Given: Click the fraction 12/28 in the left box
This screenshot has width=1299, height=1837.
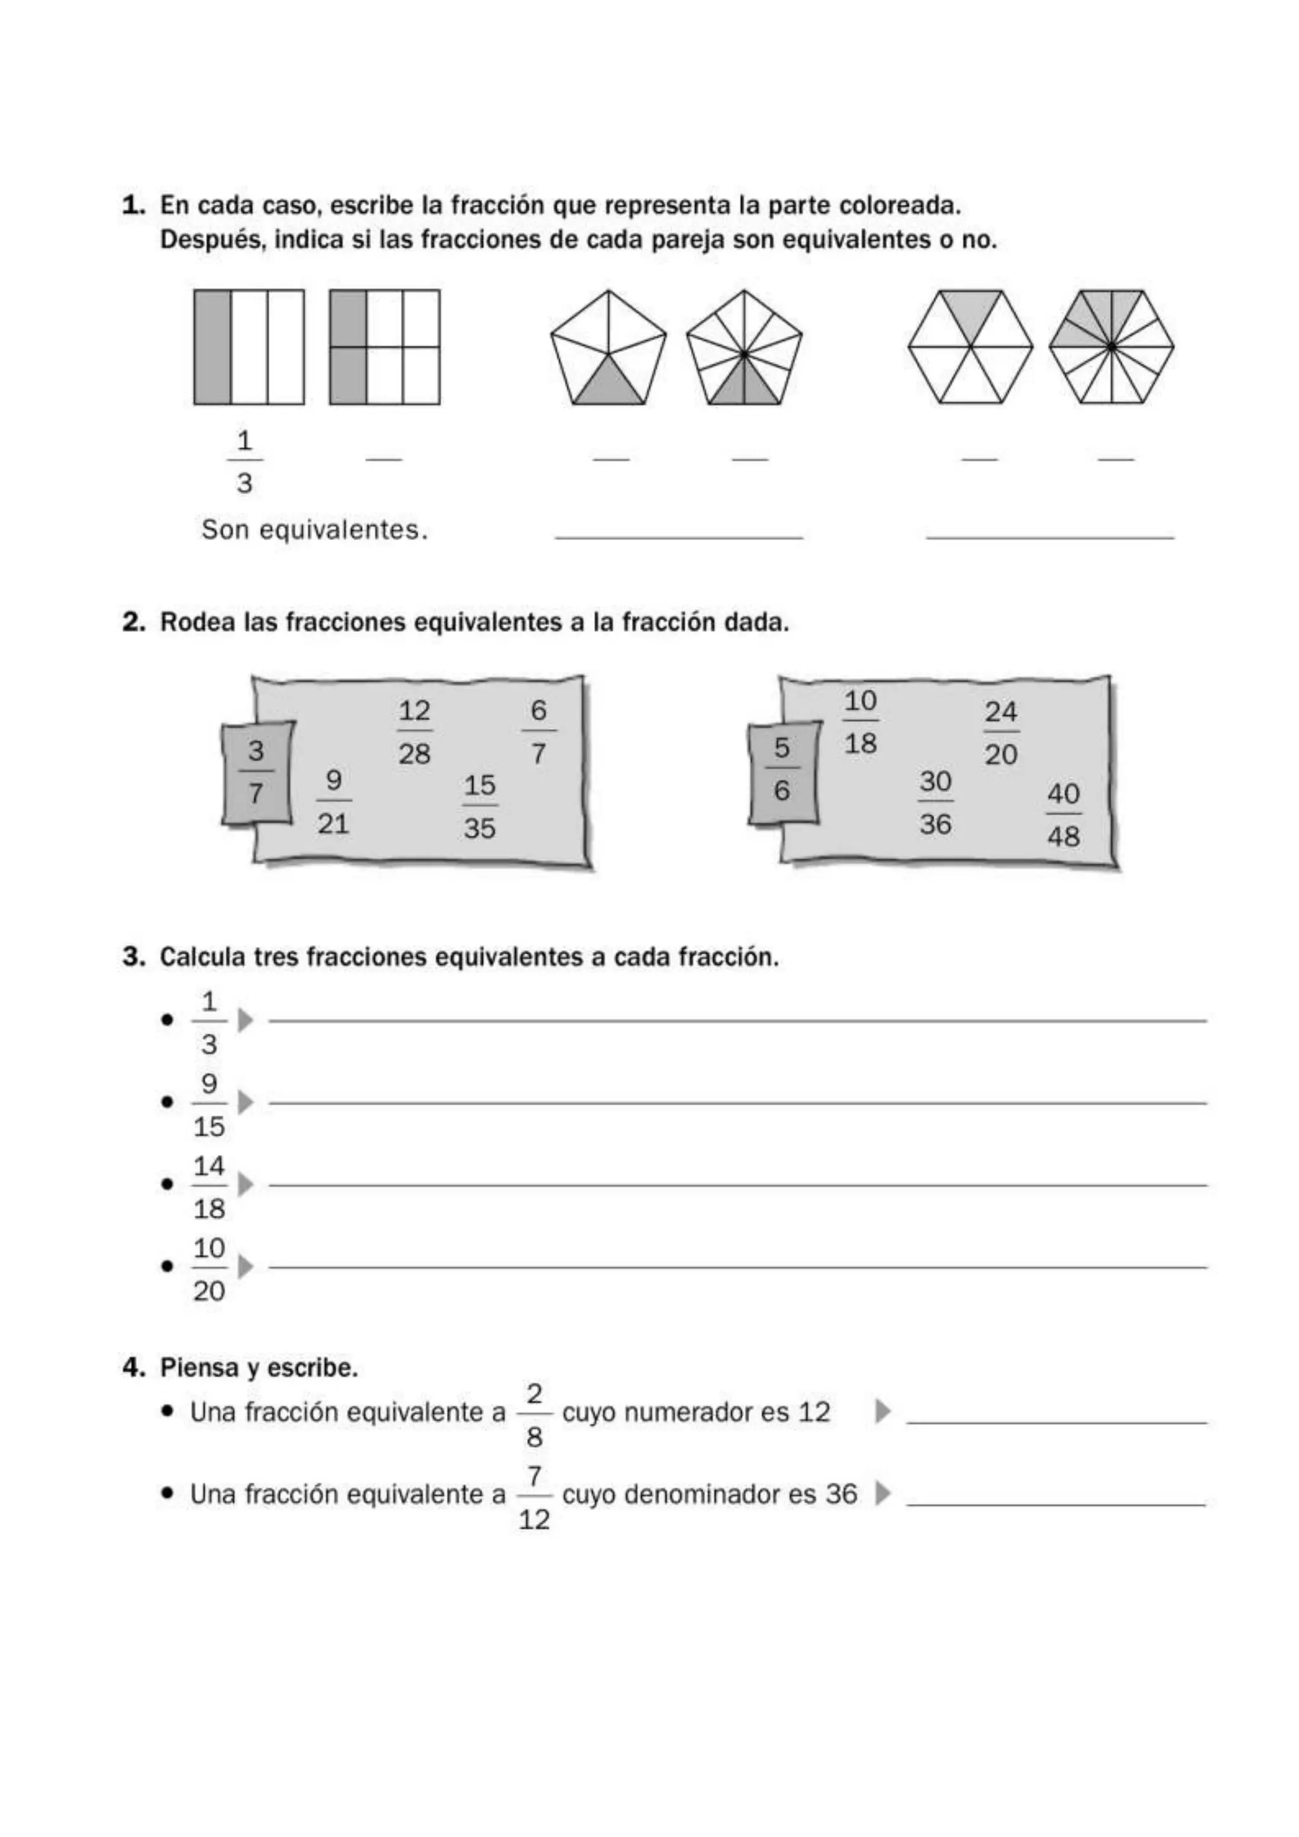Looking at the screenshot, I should [414, 731].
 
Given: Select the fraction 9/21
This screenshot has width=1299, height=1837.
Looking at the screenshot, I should [334, 801].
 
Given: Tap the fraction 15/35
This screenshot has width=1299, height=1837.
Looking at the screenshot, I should [480, 806].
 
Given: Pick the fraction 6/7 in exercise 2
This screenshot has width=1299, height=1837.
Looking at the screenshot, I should [539, 731].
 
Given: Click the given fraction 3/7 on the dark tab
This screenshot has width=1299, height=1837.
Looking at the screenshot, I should [256, 772].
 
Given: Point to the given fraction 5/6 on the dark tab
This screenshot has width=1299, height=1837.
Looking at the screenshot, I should [781, 769].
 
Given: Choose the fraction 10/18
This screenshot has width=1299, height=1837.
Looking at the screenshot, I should [861, 722].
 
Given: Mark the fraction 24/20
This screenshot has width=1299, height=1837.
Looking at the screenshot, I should [1001, 732].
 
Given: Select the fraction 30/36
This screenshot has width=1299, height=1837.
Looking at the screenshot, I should [935, 802].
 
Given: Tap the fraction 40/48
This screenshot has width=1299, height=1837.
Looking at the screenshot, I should [1063, 814].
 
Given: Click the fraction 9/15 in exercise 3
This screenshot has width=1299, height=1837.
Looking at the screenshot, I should [209, 1105].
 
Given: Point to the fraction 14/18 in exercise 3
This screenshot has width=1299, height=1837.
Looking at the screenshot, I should [209, 1187].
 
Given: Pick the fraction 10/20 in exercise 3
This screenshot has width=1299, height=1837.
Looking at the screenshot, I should [209, 1269].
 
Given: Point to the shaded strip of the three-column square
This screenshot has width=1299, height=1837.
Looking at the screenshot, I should [212, 346].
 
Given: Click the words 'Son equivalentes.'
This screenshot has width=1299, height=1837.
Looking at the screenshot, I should [315, 530].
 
